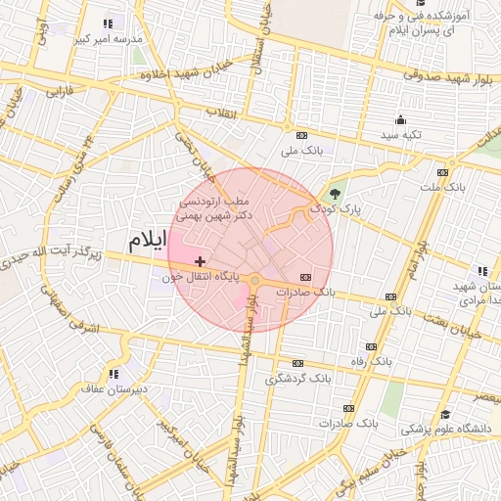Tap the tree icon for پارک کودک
[336, 194]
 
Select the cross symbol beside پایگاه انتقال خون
[201, 261]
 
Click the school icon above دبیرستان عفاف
[114, 373]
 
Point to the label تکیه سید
[402, 133]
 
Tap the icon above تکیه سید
[401, 118]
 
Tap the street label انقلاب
[222, 114]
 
